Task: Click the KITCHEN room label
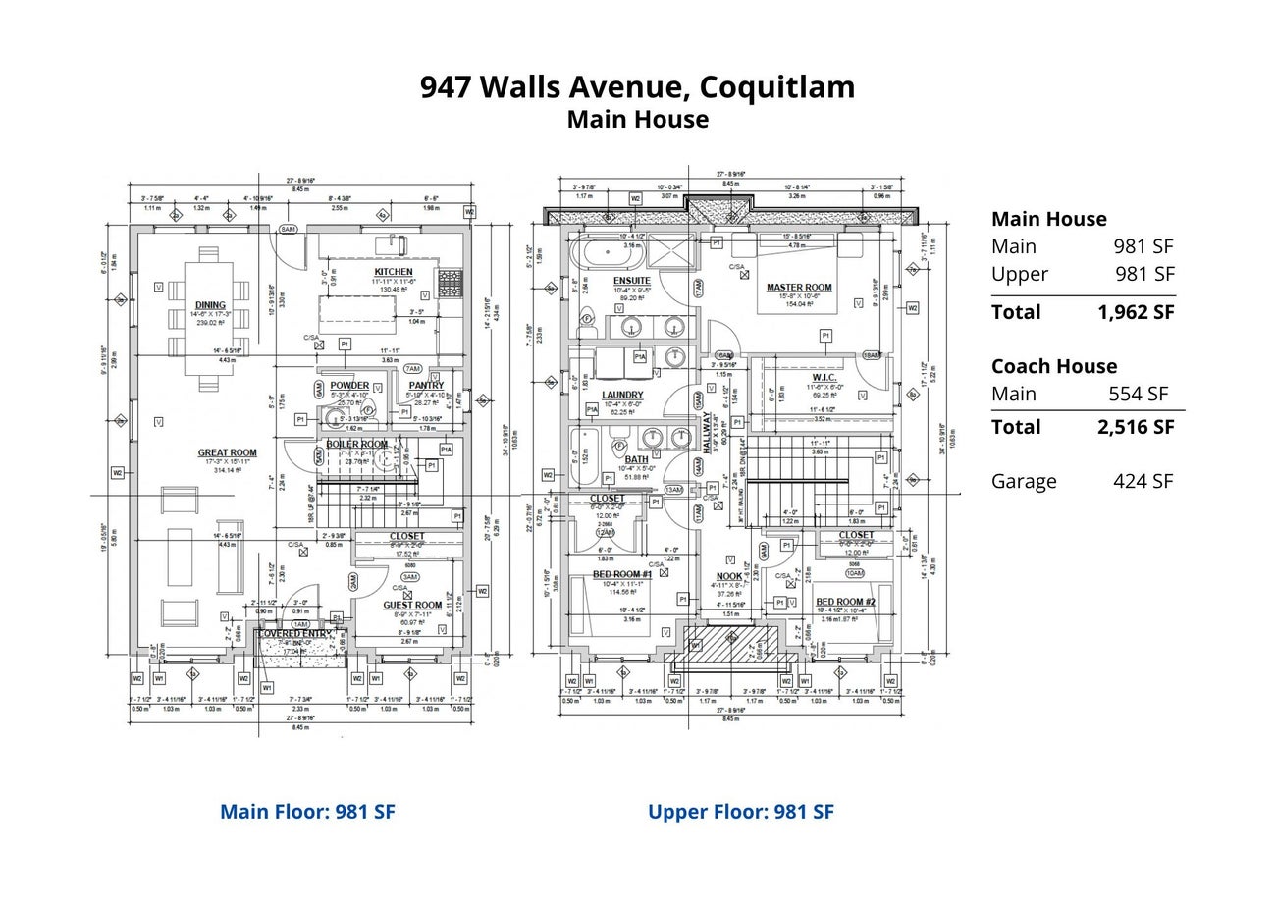(394, 272)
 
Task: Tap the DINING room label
(210, 305)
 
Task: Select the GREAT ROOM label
(227, 453)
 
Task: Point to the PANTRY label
(426, 385)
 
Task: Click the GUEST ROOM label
(412, 606)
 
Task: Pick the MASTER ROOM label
(799, 288)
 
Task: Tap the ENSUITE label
(632, 282)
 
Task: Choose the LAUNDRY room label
(622, 395)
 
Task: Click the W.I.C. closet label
(824, 378)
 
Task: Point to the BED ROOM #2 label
(845, 602)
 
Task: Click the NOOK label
(729, 576)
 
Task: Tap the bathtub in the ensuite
(609, 252)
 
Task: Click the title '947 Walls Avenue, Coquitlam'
(637, 87)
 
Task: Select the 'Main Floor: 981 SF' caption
(307, 812)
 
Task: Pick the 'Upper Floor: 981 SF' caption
(740, 812)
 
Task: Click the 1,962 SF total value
(1135, 312)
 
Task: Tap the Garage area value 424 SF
(1143, 481)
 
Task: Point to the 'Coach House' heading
(1053, 366)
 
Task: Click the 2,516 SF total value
(1135, 427)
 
